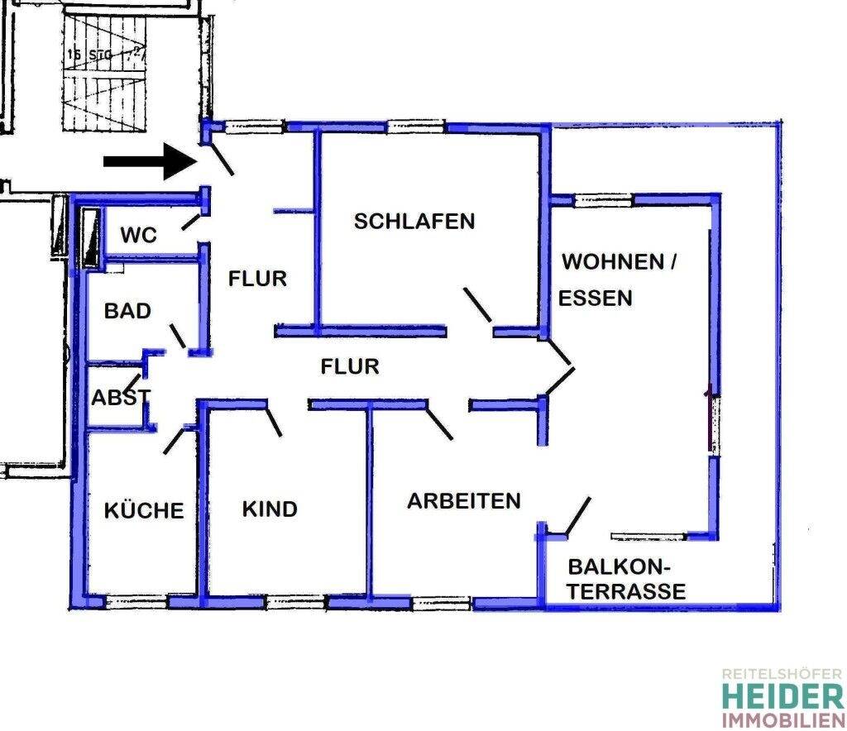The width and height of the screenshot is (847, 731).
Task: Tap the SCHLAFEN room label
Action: pos(414,221)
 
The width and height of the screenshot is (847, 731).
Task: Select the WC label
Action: pos(138,235)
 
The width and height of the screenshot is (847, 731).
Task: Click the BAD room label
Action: pos(127,311)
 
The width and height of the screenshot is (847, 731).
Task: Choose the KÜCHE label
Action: pos(144,510)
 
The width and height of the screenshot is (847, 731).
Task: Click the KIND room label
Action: pos(270,509)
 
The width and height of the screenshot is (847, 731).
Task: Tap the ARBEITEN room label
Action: pos(464,500)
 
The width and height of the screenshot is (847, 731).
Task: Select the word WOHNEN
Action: pos(613,262)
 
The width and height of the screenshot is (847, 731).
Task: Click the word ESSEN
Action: pos(596,299)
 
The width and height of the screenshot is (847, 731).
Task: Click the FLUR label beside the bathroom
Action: pos(257,279)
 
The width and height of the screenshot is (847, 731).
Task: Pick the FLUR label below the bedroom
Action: pos(350,365)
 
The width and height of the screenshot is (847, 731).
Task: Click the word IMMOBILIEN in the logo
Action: pos(782,719)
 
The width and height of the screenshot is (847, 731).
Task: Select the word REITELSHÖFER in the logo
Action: pos(782,675)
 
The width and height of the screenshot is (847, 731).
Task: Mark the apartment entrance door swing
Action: pos(222,159)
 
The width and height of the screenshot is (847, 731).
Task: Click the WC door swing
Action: pos(189,221)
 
